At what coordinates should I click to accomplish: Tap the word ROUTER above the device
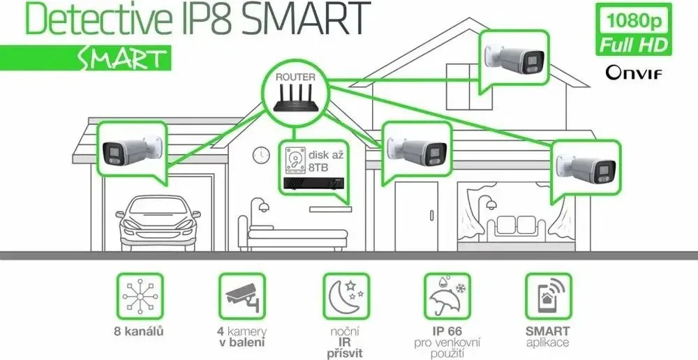295,77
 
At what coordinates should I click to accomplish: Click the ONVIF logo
634,73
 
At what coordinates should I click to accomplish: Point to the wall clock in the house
261,156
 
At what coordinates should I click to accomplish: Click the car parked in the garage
158,224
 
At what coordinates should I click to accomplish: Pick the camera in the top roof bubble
514,59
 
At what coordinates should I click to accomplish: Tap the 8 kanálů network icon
140,296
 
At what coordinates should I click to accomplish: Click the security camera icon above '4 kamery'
242,296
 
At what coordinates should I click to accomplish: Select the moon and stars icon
346,296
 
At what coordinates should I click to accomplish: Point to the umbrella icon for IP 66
447,296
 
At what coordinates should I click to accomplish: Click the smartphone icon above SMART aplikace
548,296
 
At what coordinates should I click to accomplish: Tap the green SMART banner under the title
85,58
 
